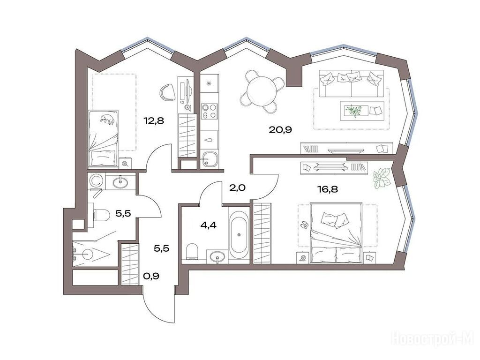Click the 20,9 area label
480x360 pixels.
pos(280,130)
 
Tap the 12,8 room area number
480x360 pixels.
pos(154,121)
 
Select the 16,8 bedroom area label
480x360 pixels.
pos(327,189)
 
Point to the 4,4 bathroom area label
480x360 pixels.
pos(208,225)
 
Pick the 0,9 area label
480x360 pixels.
pos(151,277)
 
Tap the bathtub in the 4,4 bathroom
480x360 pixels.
pos(239,235)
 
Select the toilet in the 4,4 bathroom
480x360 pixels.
pos(192,251)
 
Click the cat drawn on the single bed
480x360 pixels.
pos(107,119)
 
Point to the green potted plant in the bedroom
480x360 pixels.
pos(382,178)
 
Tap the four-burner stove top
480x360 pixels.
pos(210,111)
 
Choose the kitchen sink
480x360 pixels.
pos(209,159)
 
